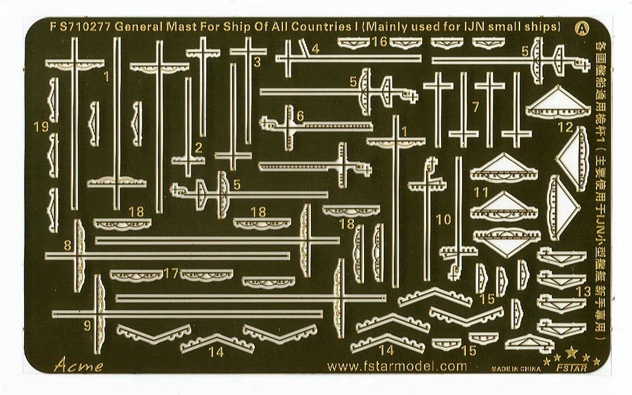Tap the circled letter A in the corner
(x=580, y=28)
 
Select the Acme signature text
(x=78, y=364)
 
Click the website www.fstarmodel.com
(x=397, y=366)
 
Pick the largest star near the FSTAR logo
(x=571, y=352)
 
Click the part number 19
(x=40, y=127)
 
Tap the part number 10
(x=444, y=220)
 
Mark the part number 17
(x=171, y=274)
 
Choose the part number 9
(x=87, y=326)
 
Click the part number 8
(x=67, y=245)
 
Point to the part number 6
(x=300, y=115)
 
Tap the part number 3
(x=257, y=62)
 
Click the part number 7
(x=475, y=107)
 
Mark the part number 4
(x=315, y=48)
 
